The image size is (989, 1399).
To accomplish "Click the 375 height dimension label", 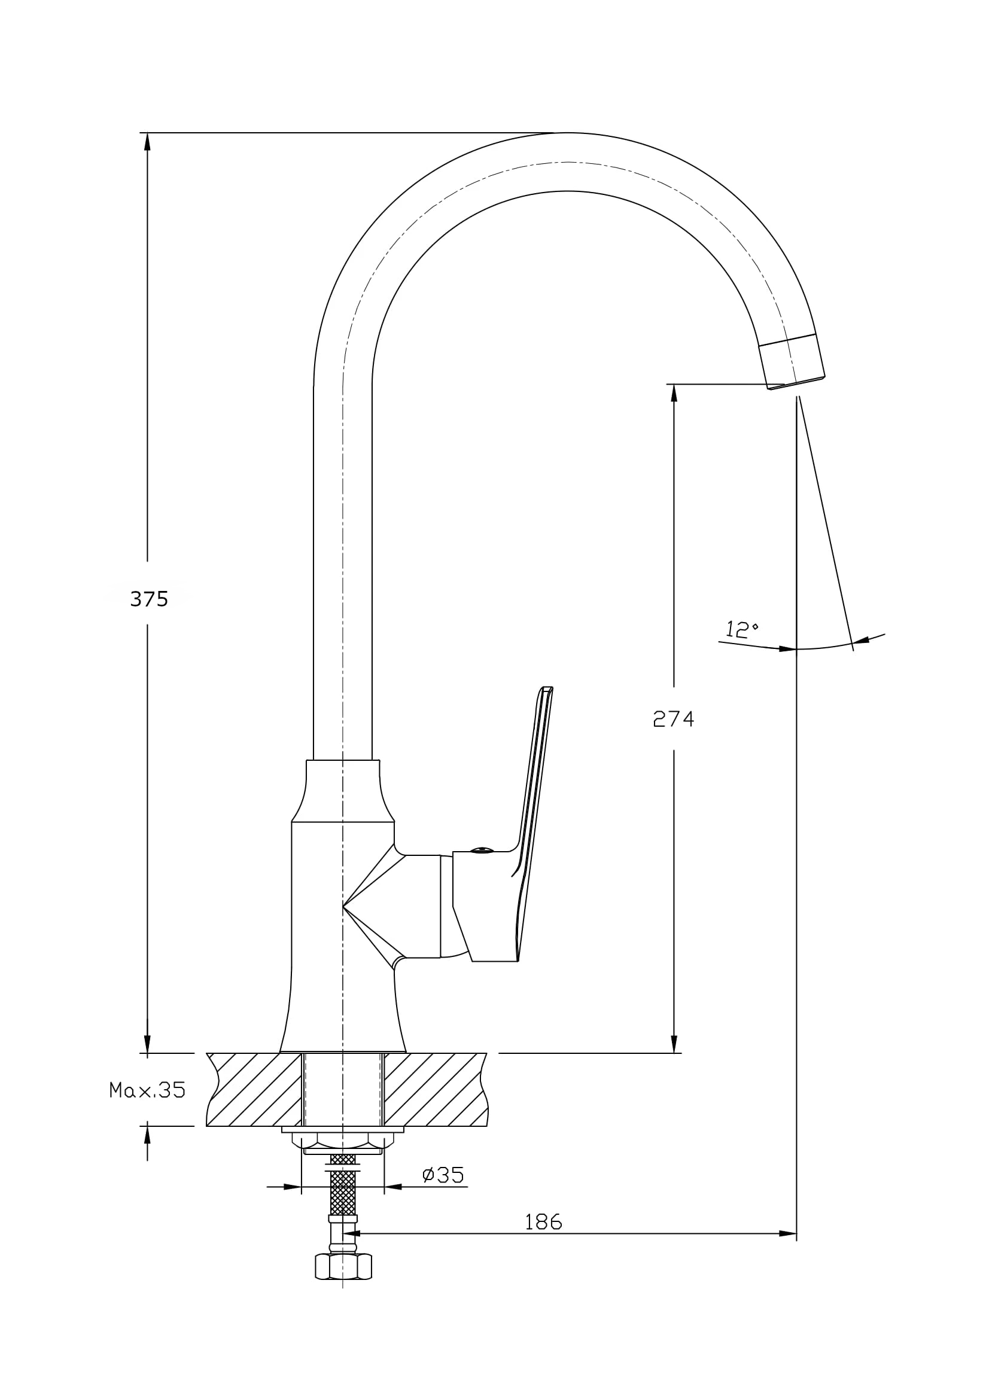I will tap(149, 599).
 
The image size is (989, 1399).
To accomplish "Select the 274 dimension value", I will tap(673, 719).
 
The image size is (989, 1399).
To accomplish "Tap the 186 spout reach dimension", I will tap(543, 1222).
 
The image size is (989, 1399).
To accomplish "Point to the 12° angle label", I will tap(741, 628).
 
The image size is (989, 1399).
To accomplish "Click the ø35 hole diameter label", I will tap(443, 1174).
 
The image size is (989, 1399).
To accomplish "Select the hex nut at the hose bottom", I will tap(343, 1267).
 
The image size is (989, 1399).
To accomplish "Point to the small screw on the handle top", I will tap(482, 849).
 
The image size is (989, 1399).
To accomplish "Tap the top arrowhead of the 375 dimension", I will tap(147, 141).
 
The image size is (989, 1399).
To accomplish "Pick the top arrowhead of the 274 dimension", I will tap(674, 392).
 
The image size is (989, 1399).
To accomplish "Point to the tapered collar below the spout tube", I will tap(343, 791).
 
